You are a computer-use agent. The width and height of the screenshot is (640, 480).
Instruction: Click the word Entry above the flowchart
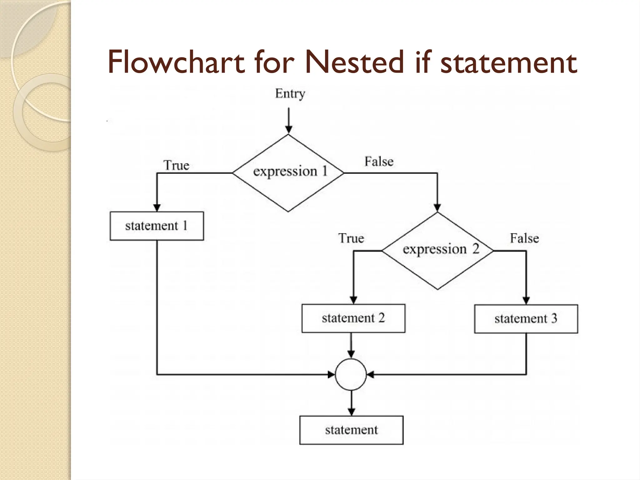(290, 94)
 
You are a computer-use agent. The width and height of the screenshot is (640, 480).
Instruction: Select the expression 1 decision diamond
(288, 173)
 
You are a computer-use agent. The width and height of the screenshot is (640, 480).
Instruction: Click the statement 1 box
(157, 226)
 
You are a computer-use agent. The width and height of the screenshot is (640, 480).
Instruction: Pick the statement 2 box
(353, 318)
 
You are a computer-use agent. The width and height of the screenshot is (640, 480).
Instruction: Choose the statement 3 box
(526, 319)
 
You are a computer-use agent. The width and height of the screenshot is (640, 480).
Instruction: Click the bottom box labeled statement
(351, 430)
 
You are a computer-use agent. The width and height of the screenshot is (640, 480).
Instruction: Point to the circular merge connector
(351, 374)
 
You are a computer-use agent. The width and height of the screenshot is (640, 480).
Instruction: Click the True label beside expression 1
(177, 165)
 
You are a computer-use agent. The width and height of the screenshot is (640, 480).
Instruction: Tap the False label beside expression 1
(379, 162)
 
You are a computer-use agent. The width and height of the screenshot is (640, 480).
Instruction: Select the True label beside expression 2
(351, 238)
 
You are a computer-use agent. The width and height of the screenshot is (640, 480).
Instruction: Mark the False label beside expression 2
(524, 238)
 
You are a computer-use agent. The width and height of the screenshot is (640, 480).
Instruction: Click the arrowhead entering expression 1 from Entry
(289, 129)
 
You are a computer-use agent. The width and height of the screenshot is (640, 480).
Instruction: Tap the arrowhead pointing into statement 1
(157, 208)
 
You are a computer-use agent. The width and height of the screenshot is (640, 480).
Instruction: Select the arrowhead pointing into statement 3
(526, 300)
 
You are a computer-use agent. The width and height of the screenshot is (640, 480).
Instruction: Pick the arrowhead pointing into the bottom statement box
(352, 412)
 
